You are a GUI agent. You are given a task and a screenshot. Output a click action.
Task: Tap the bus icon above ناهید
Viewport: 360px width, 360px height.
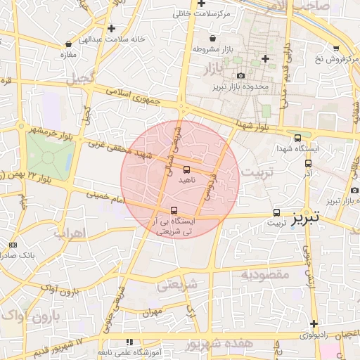click(x=186, y=169)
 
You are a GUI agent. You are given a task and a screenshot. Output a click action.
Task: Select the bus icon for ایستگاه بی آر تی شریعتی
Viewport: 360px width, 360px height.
click(x=174, y=210)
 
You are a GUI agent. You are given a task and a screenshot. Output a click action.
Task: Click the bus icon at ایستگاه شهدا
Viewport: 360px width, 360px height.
click(x=298, y=139)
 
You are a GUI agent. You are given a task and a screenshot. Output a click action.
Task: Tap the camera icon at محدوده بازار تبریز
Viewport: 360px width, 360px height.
click(x=241, y=75)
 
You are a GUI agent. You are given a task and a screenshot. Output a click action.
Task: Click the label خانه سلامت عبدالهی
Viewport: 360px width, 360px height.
click(x=116, y=39)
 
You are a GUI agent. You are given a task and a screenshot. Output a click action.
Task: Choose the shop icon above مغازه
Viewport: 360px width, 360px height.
click(x=68, y=44)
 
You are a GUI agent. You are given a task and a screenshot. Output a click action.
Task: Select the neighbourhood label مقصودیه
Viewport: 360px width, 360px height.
click(x=265, y=275)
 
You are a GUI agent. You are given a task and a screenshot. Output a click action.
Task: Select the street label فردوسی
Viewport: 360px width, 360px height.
click(x=209, y=191)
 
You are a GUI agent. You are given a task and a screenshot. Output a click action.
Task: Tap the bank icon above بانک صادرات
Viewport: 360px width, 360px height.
click(x=13, y=245)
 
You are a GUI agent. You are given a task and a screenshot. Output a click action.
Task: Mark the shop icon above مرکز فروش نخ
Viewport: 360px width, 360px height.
click(x=336, y=48)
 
